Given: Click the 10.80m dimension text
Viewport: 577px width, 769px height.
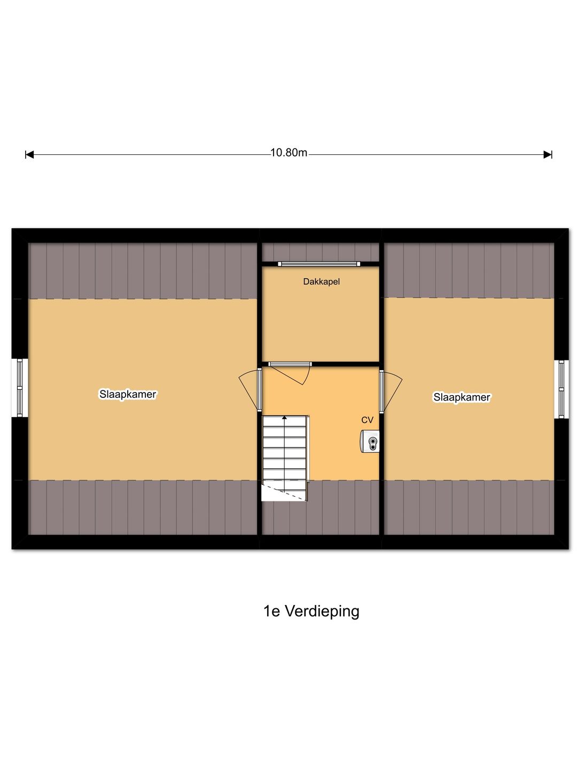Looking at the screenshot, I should point(288,153).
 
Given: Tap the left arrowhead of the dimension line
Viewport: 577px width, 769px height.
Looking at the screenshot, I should point(29,155).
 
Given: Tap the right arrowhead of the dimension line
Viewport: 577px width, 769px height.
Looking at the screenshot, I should point(548,155).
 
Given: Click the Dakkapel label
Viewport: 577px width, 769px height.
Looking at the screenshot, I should point(321,281).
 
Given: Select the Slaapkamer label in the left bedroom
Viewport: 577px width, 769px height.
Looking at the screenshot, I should point(128,394).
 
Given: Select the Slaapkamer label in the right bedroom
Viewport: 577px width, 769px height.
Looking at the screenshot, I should point(462,397).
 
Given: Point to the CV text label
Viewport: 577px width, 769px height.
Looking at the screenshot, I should point(367,420).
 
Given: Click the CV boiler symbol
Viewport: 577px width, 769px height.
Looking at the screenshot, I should point(370,442).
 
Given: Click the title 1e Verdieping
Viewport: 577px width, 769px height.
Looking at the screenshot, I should point(311,611).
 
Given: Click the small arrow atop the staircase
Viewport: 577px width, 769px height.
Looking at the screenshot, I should point(285,418).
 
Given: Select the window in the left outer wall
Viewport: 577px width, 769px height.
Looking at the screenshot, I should point(20,387).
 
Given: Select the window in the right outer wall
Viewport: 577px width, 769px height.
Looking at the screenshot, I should point(561,389).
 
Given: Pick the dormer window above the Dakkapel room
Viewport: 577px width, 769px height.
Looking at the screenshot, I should point(319,263).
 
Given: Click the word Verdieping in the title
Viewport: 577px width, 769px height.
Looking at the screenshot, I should point(322,611).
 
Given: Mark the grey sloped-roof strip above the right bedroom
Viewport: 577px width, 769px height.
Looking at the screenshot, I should point(469,270).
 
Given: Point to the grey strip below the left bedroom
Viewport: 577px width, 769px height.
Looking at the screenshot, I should point(143,507).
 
